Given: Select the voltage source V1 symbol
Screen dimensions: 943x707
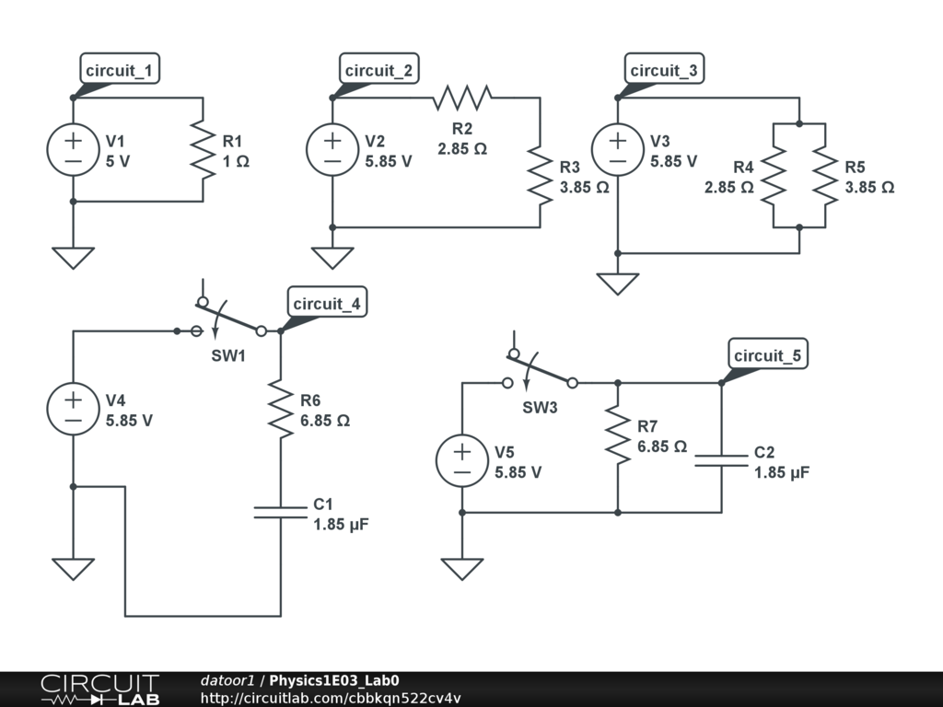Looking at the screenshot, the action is (x=74, y=150).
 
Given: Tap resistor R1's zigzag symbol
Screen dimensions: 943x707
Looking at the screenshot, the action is (x=204, y=150).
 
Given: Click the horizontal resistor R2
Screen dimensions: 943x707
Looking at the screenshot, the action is (x=462, y=98).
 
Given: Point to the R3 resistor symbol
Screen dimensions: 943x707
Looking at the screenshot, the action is (x=540, y=176).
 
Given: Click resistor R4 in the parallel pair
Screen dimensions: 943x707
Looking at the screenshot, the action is (x=774, y=176).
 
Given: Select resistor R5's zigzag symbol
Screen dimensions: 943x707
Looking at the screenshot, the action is (x=825, y=176).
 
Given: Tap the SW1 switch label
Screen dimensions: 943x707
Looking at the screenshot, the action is (x=228, y=355).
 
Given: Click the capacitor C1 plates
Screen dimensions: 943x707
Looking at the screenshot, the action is (x=280, y=512).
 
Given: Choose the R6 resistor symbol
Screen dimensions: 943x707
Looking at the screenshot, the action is (x=280, y=409).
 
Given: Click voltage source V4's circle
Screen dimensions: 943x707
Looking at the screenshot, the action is (x=74, y=409).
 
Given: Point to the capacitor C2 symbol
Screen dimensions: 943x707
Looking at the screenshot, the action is (x=721, y=460).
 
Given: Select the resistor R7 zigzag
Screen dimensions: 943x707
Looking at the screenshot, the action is (x=618, y=435).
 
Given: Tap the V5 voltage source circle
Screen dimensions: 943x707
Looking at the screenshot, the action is (x=462, y=460).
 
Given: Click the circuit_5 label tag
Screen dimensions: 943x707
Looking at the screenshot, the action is (x=768, y=354).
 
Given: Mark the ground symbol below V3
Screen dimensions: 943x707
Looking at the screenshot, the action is (x=618, y=284).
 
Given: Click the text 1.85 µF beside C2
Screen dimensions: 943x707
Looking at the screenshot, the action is (x=782, y=472).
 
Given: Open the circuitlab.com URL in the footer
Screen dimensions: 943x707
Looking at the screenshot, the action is (x=331, y=698).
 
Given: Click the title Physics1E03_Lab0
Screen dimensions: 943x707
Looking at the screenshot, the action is (x=333, y=680).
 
